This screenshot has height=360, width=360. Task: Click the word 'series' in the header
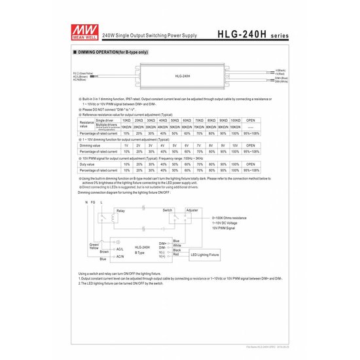point(275,34)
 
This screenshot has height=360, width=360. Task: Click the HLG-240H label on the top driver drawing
point(182,76)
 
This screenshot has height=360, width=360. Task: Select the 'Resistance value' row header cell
point(86,124)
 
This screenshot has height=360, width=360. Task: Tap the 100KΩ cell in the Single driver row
point(236,120)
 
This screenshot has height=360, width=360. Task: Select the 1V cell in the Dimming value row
point(126,145)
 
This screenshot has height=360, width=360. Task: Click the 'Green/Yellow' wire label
point(94,247)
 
